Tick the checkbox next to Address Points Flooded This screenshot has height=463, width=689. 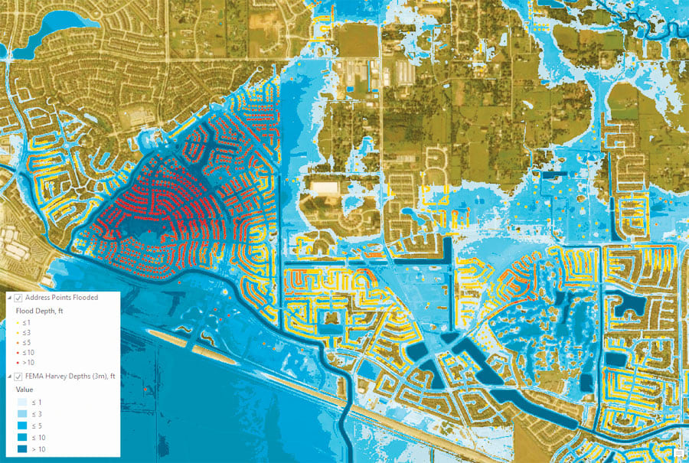(x=18, y=298)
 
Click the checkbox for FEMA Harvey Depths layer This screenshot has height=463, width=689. (x=18, y=376)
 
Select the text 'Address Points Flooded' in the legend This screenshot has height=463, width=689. (x=61, y=298)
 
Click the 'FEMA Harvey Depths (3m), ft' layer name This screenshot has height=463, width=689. (x=70, y=376)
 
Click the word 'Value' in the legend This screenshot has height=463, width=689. (x=25, y=389)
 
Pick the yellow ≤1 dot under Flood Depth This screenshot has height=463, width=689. (x=18, y=323)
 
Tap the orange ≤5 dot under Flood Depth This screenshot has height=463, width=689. (x=18, y=343)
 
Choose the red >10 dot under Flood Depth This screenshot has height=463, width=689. (x=18, y=363)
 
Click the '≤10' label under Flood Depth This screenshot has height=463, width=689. (x=30, y=353)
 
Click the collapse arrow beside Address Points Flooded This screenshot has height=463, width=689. (x=8, y=298)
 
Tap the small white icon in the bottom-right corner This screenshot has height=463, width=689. (x=678, y=453)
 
